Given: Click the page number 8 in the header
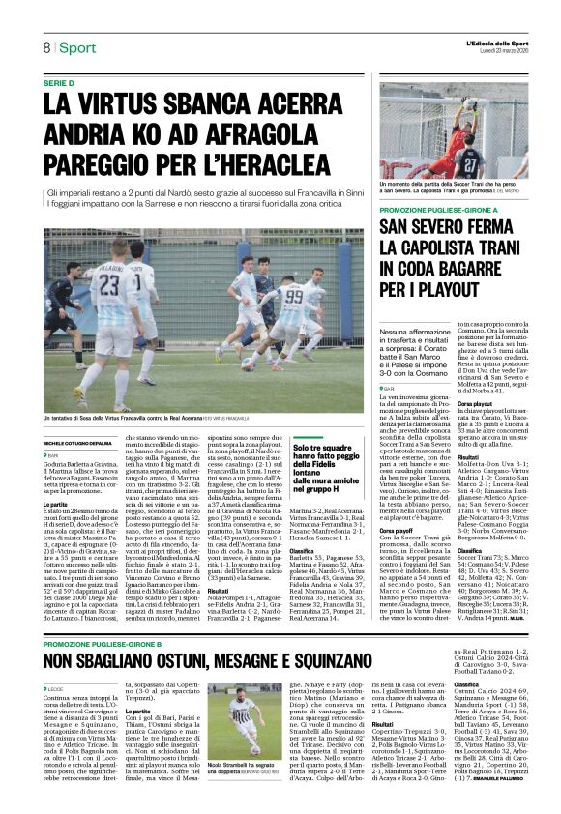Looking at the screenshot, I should pyautogui.click(x=45, y=47).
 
